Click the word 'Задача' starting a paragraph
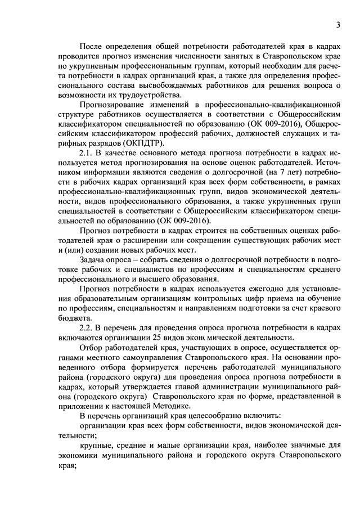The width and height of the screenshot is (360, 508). tap(93, 259)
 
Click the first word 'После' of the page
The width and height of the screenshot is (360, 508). tap(92, 46)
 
